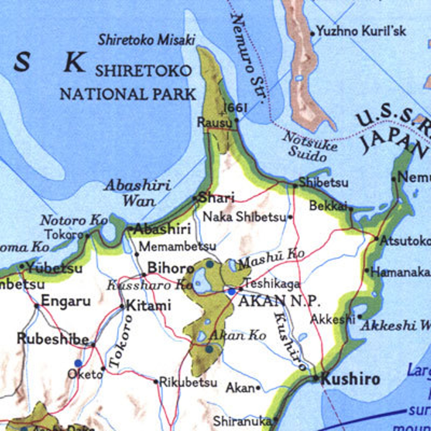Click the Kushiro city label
[350, 379]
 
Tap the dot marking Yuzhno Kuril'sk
[313, 34]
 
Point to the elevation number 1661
[235, 108]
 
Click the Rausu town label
[215, 122]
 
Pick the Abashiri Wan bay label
[138, 193]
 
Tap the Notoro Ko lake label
[74, 220]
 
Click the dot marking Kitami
[122, 307]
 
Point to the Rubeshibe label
[53, 339]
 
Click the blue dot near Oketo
[78, 363]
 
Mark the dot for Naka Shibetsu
[290, 217]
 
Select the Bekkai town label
[328, 206]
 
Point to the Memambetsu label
[178, 247]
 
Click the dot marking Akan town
[258, 388]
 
